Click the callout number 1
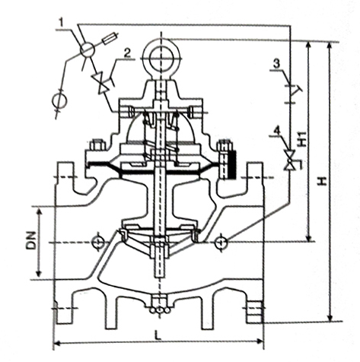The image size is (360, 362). [62, 23]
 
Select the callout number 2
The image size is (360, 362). [127, 53]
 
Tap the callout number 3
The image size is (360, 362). [276, 64]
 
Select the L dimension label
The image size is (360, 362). [158, 335]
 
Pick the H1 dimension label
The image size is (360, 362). [301, 138]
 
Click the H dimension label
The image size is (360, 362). [322, 181]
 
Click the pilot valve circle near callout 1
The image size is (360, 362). [88, 49]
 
